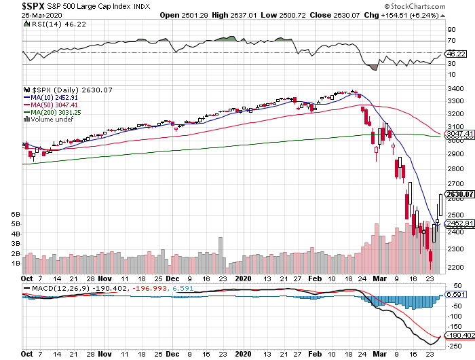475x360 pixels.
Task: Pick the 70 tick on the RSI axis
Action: click(450, 41)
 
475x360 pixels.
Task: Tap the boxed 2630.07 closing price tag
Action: click(457, 194)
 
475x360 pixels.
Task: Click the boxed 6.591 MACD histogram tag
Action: click(454, 295)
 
